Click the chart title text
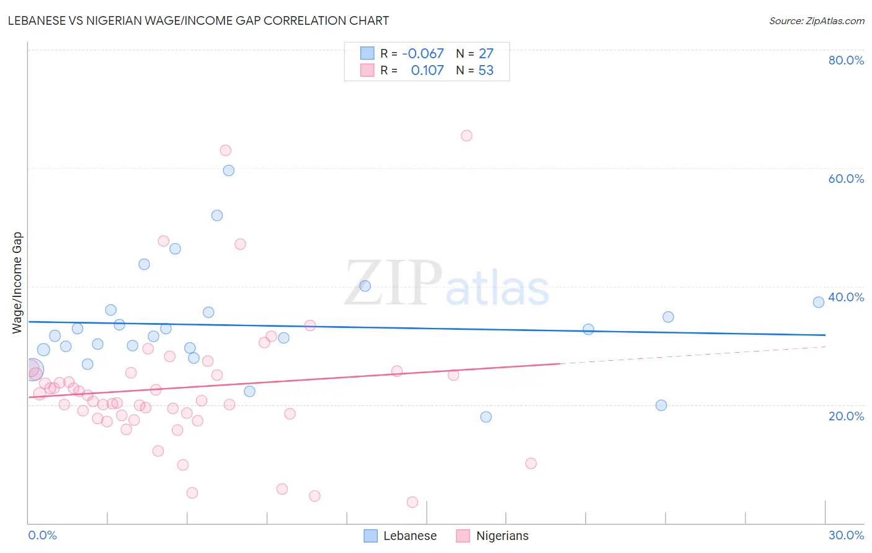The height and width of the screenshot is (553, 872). coord(198,20)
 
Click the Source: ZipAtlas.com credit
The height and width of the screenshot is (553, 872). coord(816,20)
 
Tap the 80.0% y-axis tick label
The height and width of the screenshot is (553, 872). coord(846,60)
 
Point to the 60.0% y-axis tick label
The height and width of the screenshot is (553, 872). coord(846,179)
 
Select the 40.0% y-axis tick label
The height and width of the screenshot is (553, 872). coord(846,297)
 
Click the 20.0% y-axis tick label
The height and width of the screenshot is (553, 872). coord(846,416)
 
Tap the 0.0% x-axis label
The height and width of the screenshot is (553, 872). coord(42,535)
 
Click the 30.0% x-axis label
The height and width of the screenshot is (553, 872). coord(846,535)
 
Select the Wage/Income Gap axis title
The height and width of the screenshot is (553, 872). coord(17,283)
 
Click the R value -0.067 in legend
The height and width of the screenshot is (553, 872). coord(423,54)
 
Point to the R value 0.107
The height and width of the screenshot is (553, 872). coord(427,71)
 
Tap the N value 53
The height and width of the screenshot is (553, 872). coord(486,71)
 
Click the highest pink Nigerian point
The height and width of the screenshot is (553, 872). coord(466,136)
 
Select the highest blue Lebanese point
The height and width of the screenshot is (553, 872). coord(229,170)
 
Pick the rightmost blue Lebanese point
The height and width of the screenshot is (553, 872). coord(819,302)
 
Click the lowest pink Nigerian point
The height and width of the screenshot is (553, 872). coord(412,502)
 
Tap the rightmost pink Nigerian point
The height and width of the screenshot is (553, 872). coord(531,463)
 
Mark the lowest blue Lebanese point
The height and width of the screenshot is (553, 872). coord(486,417)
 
